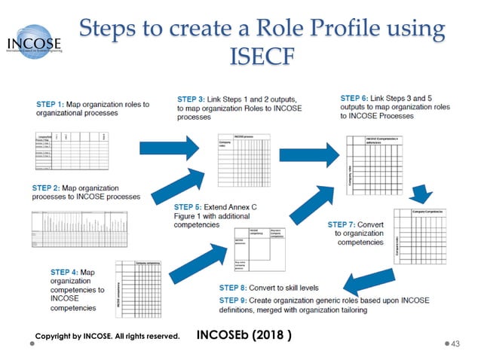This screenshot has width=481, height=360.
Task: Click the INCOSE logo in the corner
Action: [x=34, y=43]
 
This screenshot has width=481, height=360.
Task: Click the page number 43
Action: [x=454, y=343]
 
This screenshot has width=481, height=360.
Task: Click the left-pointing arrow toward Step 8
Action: [x=369, y=282]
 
